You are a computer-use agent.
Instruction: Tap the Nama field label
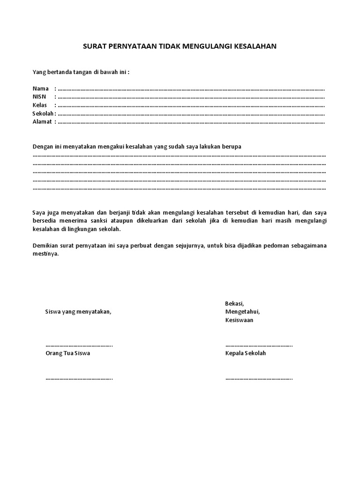(40, 89)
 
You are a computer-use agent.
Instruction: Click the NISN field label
(40, 97)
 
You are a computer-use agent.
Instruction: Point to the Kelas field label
(40, 105)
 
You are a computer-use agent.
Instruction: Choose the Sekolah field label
(43, 113)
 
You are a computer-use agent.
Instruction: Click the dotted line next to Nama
(191, 89)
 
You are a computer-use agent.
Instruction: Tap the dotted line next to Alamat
(191, 122)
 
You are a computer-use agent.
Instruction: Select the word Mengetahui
(242, 312)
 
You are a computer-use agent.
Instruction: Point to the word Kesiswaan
(239, 320)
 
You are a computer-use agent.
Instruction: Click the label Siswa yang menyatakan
(78, 312)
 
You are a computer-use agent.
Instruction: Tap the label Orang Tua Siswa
(67, 353)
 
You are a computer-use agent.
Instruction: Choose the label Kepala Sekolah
(245, 353)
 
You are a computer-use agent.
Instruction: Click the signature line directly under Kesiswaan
(259, 345)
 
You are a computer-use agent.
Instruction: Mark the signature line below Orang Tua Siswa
(79, 378)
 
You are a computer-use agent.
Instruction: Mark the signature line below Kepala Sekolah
(259, 378)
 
